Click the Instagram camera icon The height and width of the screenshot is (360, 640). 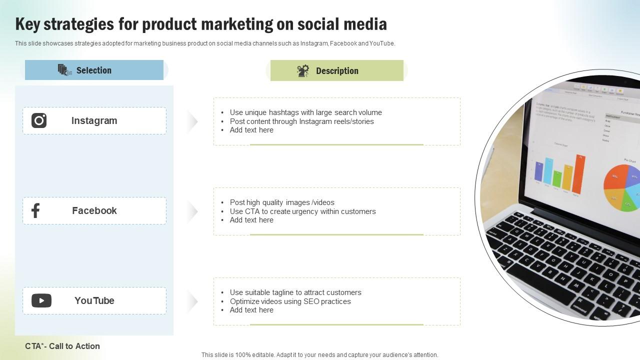pos(39,120)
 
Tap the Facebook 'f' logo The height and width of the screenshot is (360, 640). pos(35,210)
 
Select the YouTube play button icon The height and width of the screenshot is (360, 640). pos(41,300)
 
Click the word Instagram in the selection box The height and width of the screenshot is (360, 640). pos(94,120)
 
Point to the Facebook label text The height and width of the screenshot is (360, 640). pos(94,210)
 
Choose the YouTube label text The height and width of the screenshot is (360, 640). pos(94,300)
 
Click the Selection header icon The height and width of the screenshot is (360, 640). pos(65,70)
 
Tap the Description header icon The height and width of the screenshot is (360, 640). pos(303,71)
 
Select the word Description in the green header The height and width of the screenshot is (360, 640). pos(337,71)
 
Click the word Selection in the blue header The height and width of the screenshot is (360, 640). pos(94,70)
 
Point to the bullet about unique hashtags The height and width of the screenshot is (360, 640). pos(305,112)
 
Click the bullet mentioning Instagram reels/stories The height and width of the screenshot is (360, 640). pos(301,121)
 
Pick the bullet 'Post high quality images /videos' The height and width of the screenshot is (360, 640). pos(282,202)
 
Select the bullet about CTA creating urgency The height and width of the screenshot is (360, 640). pos(302,211)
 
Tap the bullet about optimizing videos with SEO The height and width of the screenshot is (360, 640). pos(290,301)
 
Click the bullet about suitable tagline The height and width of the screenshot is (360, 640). pos(295,292)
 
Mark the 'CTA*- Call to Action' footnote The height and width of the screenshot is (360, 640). pos(62,346)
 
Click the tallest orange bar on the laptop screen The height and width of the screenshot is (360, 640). pos(578,174)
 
